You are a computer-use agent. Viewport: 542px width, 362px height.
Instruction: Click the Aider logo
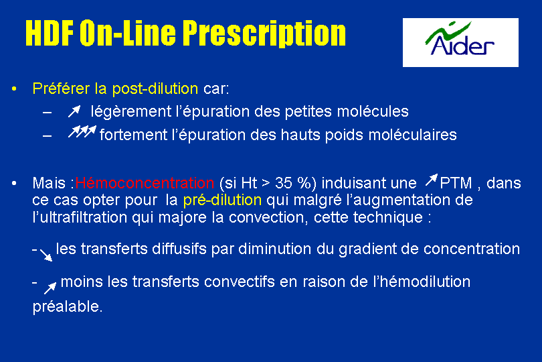460,42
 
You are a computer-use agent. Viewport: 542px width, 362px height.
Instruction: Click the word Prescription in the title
264,34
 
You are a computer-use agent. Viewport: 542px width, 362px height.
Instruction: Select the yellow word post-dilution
155,88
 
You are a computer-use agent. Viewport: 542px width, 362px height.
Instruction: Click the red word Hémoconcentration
145,182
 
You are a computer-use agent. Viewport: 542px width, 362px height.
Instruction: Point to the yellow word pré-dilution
222,200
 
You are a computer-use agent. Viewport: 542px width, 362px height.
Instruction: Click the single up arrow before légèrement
74,111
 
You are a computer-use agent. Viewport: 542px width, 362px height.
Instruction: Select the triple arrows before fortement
82,131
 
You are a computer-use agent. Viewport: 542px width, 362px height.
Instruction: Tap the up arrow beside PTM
432,180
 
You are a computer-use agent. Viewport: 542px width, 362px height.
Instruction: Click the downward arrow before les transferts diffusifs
46,255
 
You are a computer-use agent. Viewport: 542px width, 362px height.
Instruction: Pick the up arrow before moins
50,288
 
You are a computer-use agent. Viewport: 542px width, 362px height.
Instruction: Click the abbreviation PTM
456,183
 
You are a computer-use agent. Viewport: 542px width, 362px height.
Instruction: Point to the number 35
284,183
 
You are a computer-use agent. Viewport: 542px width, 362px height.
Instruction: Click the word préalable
68,307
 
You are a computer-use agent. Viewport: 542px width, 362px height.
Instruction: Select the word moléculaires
413,135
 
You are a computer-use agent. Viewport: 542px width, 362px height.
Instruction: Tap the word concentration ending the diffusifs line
472,249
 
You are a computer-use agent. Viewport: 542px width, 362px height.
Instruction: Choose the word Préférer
61,88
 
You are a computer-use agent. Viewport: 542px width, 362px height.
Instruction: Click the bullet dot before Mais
14,183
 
